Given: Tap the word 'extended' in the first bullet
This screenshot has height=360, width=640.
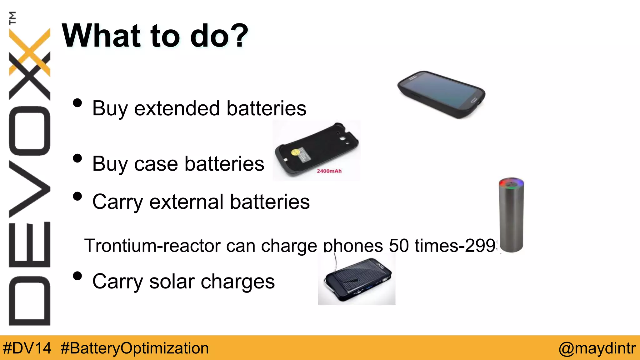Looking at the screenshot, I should point(177,108).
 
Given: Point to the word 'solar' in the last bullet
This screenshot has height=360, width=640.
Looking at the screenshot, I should point(172,282).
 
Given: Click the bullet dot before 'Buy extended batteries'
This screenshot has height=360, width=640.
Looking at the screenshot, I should point(77,103).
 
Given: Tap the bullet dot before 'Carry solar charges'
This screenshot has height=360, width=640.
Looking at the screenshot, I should point(77,276).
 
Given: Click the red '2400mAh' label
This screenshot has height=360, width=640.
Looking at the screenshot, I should point(329,171).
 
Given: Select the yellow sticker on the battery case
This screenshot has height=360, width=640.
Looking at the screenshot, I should point(295,152).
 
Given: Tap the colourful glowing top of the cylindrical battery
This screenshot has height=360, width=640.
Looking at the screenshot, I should point(511,183).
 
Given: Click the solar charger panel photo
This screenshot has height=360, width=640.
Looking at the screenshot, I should point(357,279).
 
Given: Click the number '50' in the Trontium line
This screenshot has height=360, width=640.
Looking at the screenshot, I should point(399,246).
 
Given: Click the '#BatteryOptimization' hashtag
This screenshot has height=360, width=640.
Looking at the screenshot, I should point(135,348).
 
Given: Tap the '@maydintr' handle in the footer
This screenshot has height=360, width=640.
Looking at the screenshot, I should point(597,348).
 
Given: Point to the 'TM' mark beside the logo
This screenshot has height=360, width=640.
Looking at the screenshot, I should point(12,18).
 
